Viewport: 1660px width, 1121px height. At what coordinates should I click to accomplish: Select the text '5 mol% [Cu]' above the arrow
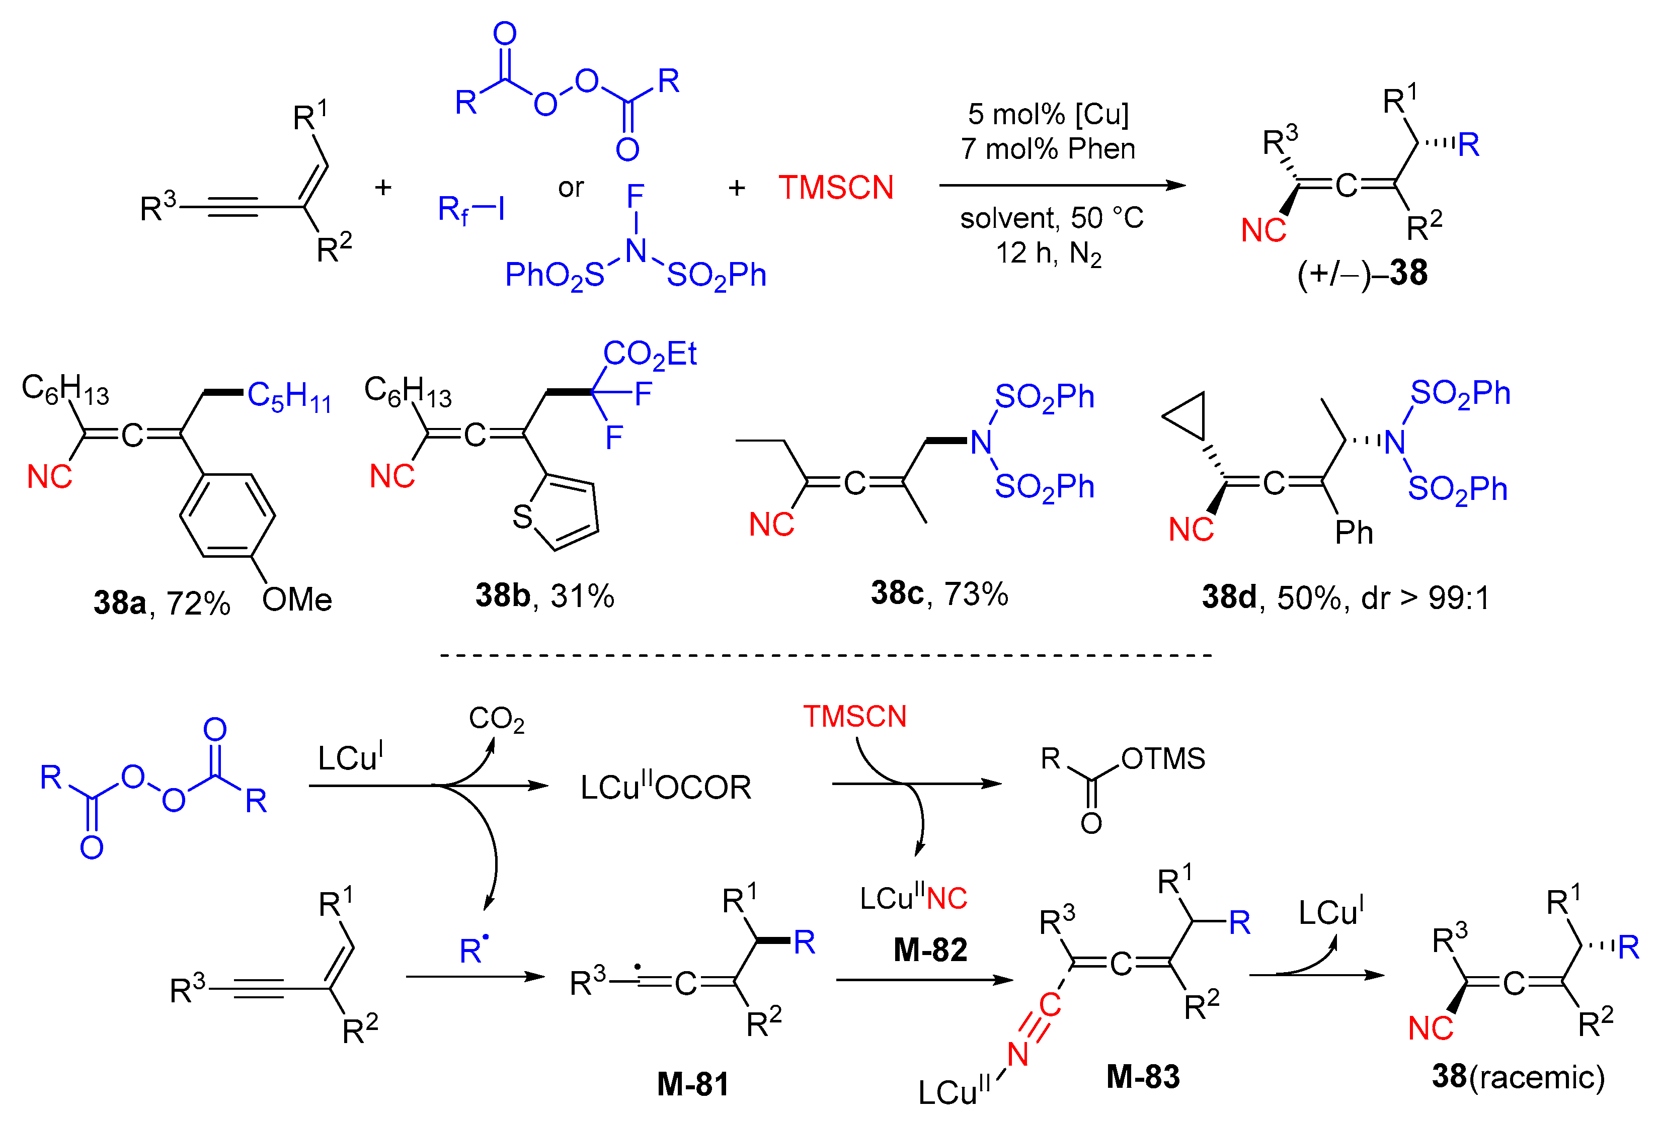click(1048, 114)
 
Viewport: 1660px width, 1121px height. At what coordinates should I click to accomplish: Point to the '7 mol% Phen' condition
click(1048, 148)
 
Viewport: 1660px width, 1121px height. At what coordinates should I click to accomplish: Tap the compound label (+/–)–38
click(1362, 273)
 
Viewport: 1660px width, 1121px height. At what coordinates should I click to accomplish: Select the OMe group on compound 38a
click(296, 600)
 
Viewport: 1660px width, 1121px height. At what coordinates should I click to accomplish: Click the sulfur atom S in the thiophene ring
click(522, 516)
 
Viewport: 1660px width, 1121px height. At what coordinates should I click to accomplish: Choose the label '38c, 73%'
click(938, 593)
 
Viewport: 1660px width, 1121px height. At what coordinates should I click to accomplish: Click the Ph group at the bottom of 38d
click(1354, 533)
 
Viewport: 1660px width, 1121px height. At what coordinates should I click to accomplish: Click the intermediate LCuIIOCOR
click(666, 788)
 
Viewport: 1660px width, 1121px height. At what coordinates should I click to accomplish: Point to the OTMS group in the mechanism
click(1163, 758)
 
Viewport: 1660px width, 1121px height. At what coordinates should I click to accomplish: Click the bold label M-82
click(930, 950)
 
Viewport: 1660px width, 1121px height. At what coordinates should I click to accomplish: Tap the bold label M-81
click(692, 1084)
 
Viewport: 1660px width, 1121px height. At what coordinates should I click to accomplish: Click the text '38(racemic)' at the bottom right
click(1518, 1076)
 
